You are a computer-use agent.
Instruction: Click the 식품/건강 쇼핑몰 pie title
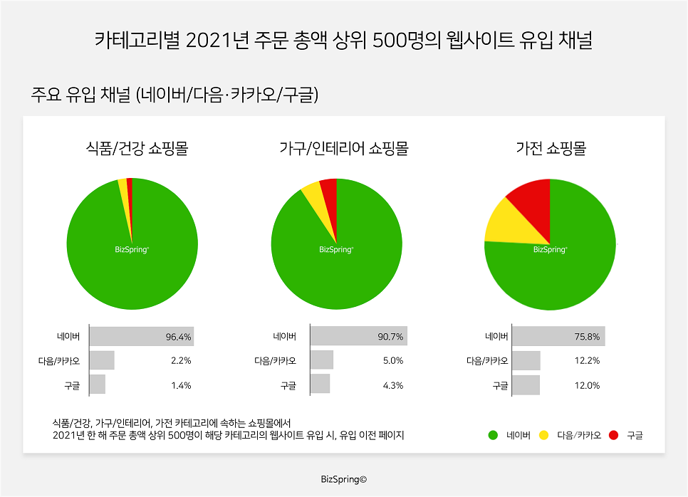(132, 150)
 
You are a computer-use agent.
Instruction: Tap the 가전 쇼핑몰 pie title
(551, 150)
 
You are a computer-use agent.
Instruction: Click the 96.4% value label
(179, 337)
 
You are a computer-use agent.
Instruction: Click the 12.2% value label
(587, 361)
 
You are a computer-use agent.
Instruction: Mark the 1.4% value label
(181, 385)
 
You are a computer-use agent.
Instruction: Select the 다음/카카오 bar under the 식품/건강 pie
(102, 361)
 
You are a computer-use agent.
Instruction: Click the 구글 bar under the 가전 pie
(526, 385)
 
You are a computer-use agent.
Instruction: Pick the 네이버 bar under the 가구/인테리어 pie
(358, 337)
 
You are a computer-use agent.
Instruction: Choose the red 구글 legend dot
(613, 435)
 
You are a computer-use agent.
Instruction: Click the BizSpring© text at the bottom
(343, 479)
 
